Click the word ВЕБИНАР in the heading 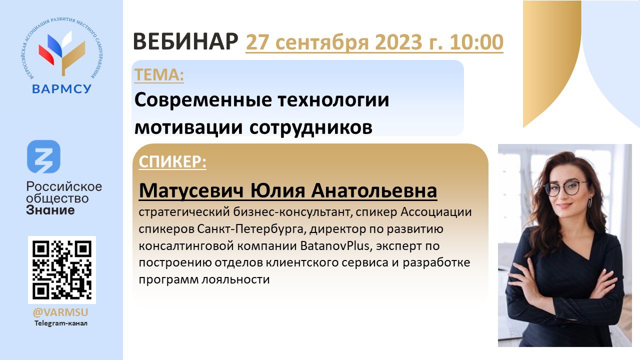(185, 41)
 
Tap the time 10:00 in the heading (476, 42)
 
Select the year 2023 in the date (398, 42)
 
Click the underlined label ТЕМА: (159, 74)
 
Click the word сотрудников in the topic (311, 127)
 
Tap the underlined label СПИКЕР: (172, 161)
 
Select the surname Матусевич (191, 190)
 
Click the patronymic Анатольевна (374, 190)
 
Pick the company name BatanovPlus (334, 245)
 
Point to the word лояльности (235, 279)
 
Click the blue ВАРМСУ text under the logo (61, 89)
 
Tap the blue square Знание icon (43, 156)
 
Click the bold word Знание (50, 210)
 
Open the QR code (62, 269)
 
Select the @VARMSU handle (60, 312)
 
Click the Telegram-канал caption (61, 323)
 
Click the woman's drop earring (589, 202)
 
